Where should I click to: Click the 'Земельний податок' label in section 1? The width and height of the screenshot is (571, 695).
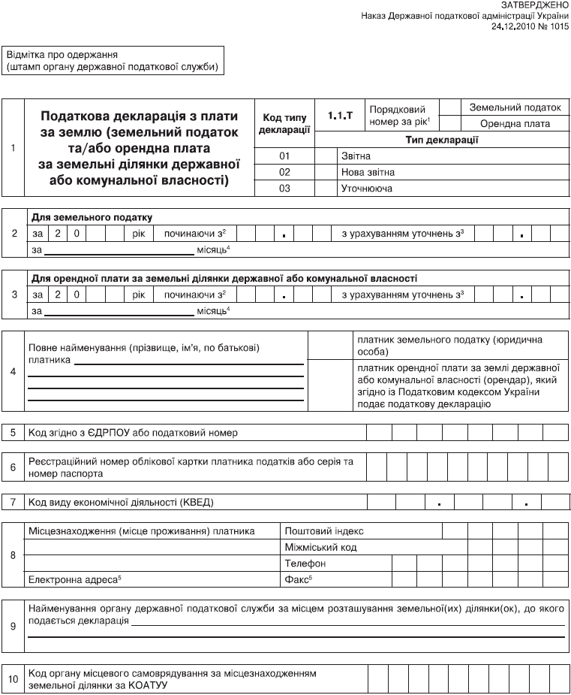[x=515, y=108]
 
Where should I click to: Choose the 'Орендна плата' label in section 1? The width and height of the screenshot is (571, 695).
[x=515, y=124]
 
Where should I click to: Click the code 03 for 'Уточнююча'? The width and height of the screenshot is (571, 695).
[x=284, y=189]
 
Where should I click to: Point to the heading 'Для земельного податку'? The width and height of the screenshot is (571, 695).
[x=92, y=217]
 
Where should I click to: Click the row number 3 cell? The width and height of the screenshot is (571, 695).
[x=14, y=294]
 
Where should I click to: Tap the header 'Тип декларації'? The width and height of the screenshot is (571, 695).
[x=442, y=140]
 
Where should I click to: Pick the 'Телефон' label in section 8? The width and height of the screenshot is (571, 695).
[x=305, y=564]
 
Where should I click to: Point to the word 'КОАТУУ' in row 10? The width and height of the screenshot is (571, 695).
[x=149, y=686]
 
